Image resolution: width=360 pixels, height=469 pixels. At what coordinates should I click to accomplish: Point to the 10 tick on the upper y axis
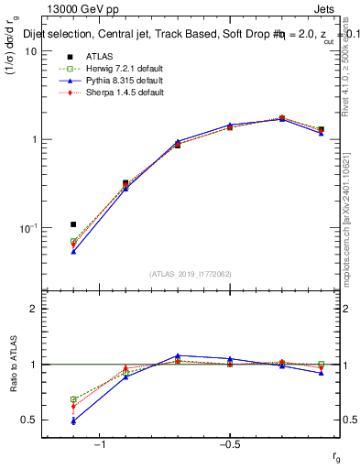(30, 51)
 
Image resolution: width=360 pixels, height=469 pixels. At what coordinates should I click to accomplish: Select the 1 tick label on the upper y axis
(33, 139)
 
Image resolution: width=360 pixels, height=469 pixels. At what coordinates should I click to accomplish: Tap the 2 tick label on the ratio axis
(33, 309)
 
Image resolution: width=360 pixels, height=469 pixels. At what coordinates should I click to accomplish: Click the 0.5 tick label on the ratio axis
(28, 420)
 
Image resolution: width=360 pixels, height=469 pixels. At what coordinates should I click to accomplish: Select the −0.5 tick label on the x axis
(229, 444)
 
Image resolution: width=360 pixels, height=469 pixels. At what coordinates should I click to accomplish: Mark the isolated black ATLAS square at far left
(73, 224)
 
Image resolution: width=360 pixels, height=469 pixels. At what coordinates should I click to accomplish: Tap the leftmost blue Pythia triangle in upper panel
(73, 250)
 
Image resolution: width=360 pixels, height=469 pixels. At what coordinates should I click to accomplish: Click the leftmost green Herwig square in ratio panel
(73, 399)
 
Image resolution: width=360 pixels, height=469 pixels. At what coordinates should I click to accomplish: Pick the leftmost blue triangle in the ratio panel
(73, 421)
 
